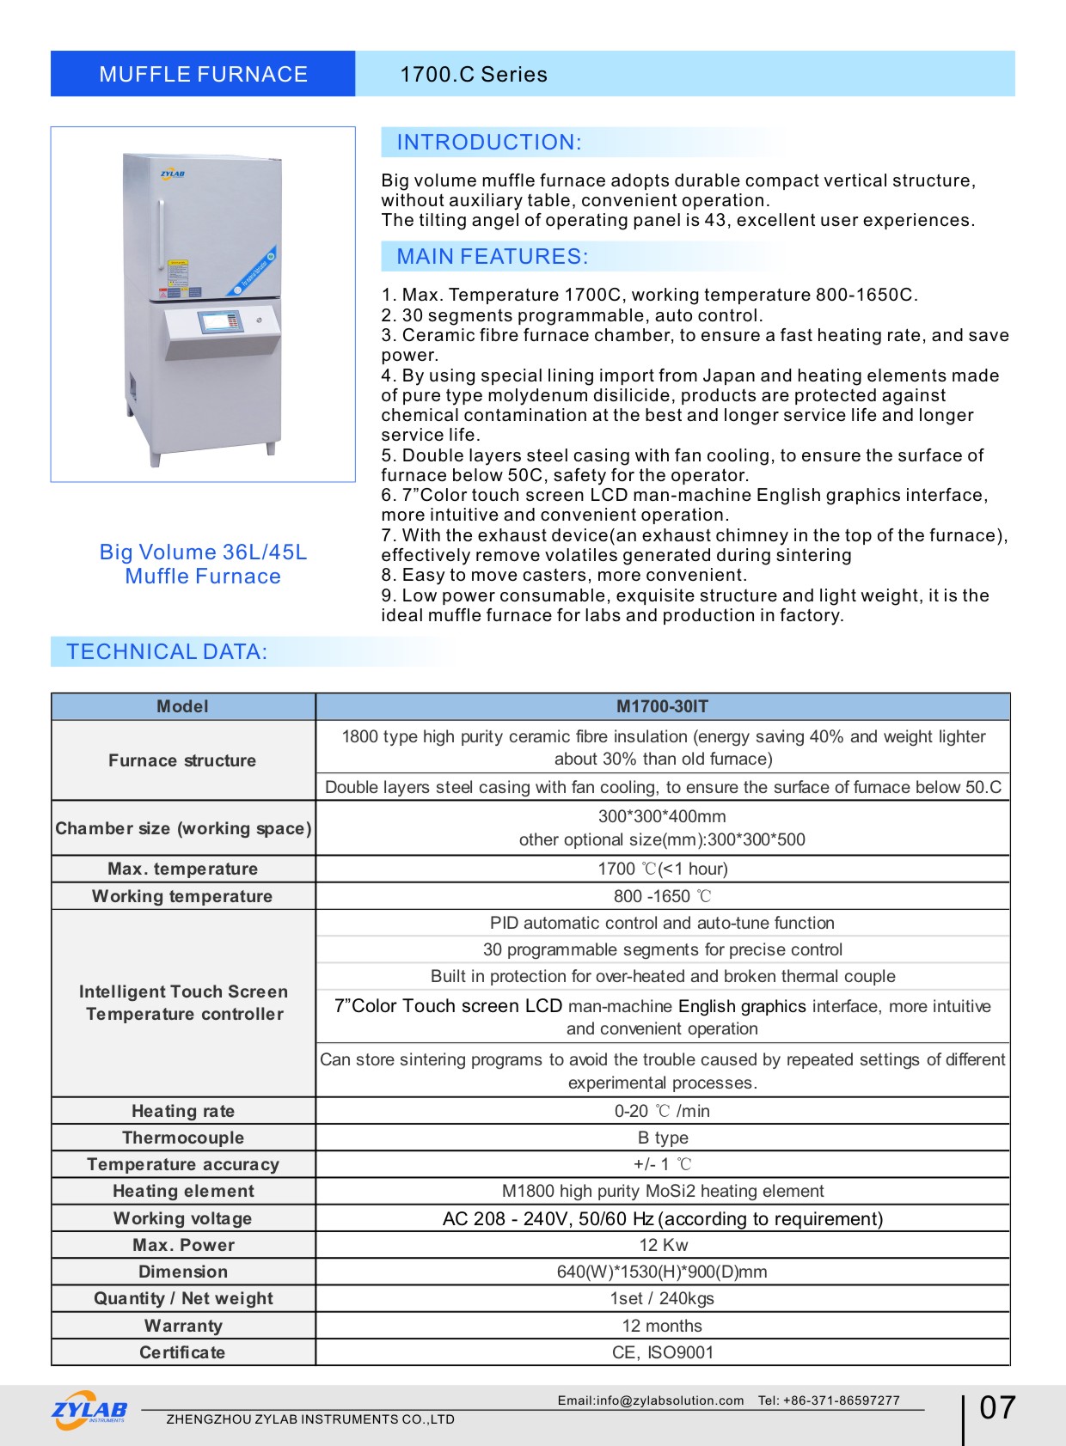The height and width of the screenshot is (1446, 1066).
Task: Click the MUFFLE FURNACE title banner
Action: [203, 74]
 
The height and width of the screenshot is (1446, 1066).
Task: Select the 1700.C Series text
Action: [473, 75]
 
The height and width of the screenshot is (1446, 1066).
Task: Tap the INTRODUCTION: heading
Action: [488, 143]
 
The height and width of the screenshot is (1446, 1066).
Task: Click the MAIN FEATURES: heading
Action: [492, 257]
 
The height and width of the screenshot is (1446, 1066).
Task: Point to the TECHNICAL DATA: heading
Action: [167, 652]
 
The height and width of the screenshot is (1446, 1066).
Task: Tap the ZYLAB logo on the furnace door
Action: [172, 174]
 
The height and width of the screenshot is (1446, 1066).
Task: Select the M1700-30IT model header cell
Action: [662, 706]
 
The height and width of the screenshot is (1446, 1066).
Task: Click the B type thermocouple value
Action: [663, 1138]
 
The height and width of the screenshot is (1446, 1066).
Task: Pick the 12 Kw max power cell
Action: [663, 1245]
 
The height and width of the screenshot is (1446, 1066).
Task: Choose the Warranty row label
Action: [183, 1326]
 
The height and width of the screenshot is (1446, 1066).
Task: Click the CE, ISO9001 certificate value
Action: [663, 1352]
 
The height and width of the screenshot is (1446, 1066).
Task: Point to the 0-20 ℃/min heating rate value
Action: [662, 1111]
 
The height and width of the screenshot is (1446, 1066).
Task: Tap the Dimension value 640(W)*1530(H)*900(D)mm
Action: [662, 1272]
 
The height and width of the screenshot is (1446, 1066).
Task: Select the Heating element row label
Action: [183, 1191]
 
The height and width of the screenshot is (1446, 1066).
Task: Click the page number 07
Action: [997, 1407]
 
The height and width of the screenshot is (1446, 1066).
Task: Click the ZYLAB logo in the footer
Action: [89, 1410]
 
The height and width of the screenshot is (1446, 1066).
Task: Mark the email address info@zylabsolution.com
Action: [650, 1400]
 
